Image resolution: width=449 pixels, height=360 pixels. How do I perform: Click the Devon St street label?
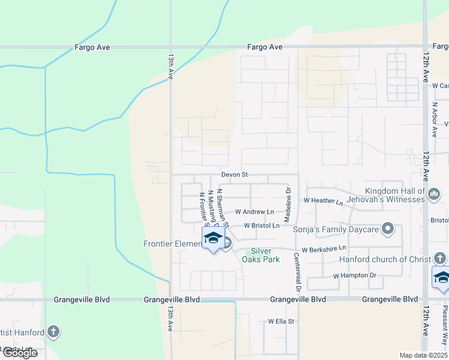(x=235, y=175)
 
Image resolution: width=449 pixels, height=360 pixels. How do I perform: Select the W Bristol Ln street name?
(x=262, y=226)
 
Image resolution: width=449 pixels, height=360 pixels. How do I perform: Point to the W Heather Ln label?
(x=323, y=200)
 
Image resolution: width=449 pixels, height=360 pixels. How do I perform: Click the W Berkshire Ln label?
(x=324, y=248)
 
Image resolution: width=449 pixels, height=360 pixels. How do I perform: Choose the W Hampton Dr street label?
(x=354, y=275)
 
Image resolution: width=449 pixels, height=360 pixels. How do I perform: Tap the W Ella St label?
(x=281, y=321)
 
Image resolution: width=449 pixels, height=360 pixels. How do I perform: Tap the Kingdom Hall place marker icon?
(x=435, y=194)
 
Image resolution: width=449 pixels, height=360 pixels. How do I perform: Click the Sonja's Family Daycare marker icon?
(x=388, y=229)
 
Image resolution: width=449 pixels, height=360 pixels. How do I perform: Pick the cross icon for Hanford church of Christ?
(x=440, y=259)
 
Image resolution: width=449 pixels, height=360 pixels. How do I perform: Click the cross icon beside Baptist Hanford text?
(x=53, y=332)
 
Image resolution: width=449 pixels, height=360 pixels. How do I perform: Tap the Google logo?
(x=20, y=353)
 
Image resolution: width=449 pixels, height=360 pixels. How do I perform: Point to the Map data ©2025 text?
(x=423, y=355)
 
